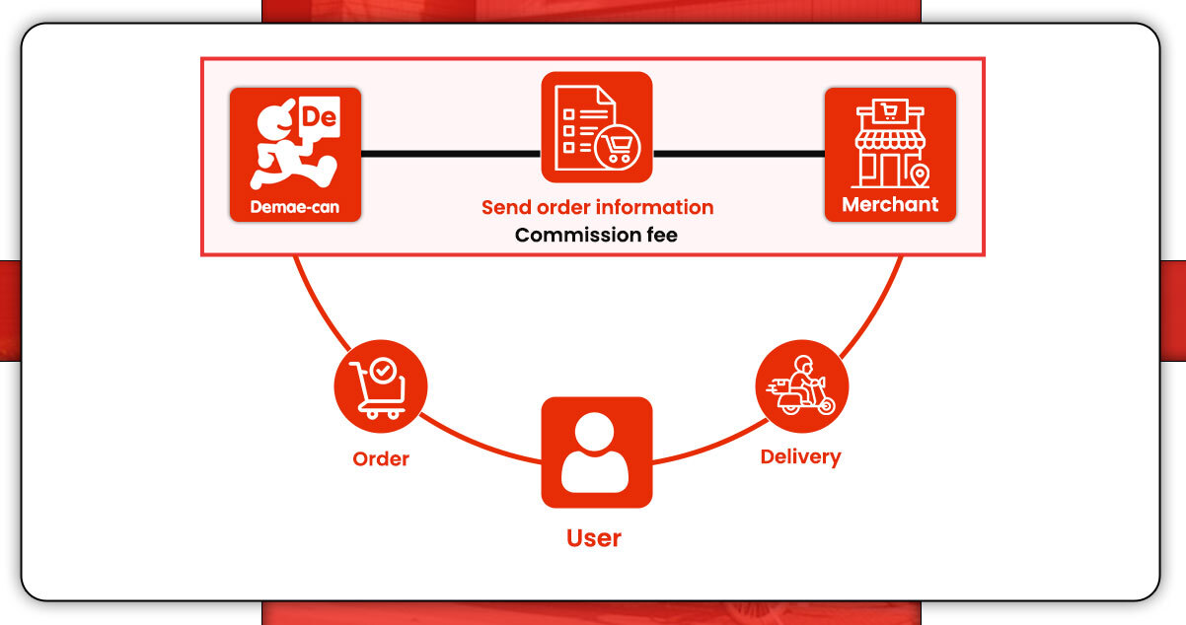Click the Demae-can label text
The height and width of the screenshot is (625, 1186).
295,208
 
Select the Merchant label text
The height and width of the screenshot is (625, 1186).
890,205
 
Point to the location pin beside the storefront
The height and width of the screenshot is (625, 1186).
920,176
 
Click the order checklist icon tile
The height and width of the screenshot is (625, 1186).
597,127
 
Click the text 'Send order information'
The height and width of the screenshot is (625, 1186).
597,207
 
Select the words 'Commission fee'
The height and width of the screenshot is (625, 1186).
596,235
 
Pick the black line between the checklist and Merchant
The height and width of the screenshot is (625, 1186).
738,154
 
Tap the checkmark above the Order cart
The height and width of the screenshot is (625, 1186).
384,371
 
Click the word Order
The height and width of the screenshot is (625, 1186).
381,458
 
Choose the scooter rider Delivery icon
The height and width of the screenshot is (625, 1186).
801,386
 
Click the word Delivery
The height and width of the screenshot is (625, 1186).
800,456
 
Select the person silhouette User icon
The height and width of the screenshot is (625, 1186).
596,451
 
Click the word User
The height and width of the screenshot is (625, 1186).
594,538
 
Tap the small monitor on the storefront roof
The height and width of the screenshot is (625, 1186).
890,112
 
